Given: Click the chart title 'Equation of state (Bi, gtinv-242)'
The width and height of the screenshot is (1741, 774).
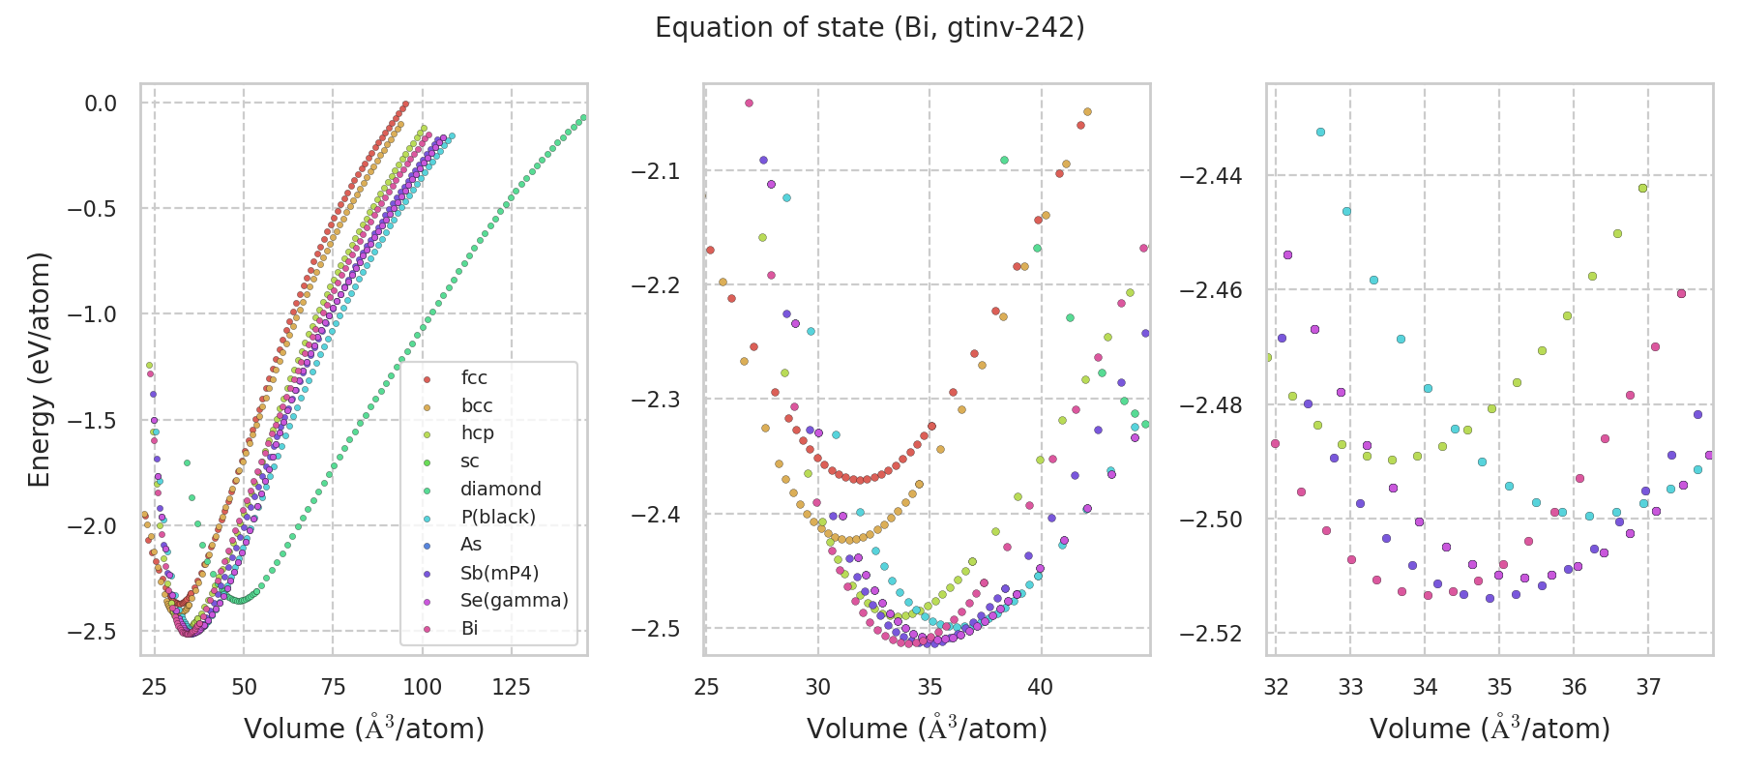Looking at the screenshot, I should click(870, 28).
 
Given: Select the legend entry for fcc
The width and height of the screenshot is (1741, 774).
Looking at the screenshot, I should click(474, 378).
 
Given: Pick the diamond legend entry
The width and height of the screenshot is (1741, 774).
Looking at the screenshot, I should click(500, 490).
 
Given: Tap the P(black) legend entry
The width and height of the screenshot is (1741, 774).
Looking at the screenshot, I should click(497, 518).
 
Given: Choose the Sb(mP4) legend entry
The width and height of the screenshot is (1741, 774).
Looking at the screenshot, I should click(499, 573).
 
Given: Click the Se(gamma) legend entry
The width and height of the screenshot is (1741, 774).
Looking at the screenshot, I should click(514, 601).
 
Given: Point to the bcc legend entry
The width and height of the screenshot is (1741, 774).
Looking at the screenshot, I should click(476, 406).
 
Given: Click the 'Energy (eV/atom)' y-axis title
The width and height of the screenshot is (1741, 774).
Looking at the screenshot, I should click(39, 370).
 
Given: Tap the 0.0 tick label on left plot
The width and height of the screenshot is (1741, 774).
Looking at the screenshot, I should click(101, 104).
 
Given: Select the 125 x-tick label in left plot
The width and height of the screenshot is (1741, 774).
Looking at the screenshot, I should click(512, 688).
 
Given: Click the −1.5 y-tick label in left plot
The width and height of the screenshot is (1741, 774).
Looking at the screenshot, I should click(94, 421).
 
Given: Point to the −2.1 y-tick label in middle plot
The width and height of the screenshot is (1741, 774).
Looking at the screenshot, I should click(656, 172).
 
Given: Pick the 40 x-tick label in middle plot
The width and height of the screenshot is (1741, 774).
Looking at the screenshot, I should click(1041, 688).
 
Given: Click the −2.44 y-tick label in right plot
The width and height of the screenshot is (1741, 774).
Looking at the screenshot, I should click(1210, 176).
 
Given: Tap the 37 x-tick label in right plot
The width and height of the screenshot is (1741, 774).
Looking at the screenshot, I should click(1648, 688).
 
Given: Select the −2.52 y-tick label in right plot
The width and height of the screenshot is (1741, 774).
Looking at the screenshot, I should click(1210, 635).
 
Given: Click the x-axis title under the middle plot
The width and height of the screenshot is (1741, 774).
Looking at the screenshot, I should click(927, 729).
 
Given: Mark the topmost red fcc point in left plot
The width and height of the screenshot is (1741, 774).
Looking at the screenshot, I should click(405, 104).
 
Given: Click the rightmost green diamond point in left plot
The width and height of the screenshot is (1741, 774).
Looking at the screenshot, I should click(582, 118).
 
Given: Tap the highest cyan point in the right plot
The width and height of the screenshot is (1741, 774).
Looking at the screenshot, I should click(1320, 132).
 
